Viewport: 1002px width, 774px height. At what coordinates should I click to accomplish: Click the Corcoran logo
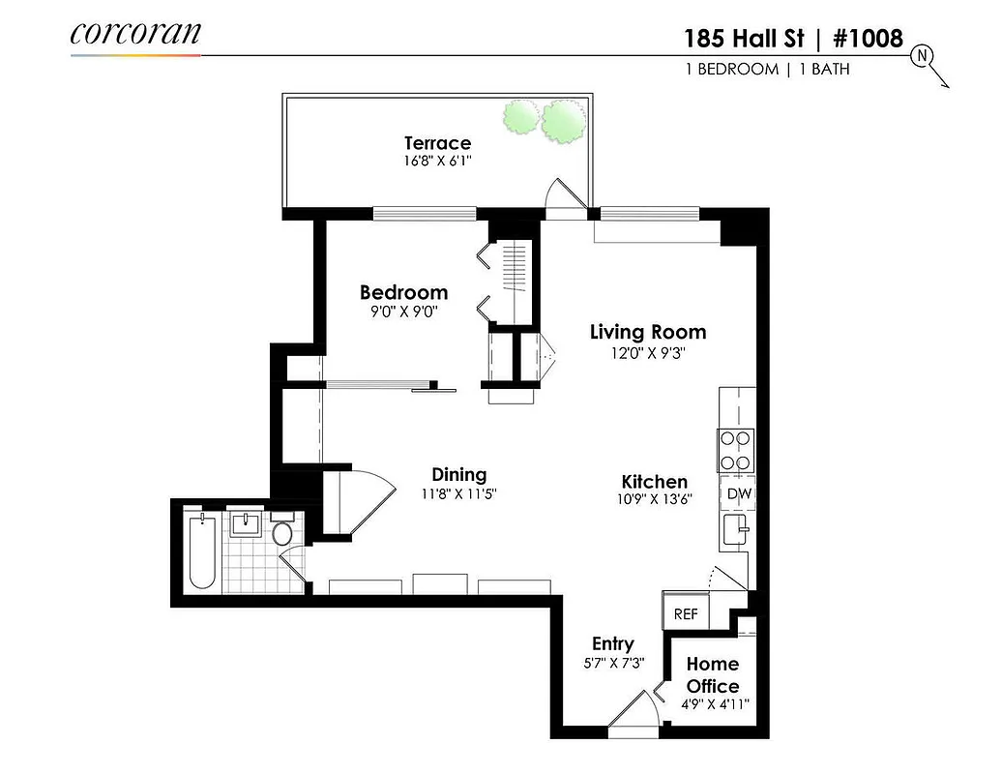pyautogui.click(x=135, y=34)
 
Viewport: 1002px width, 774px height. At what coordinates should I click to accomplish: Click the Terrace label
pyautogui.click(x=437, y=143)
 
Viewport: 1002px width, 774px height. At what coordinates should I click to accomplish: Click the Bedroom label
pyautogui.click(x=403, y=292)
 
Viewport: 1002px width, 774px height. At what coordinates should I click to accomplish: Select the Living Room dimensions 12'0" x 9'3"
pyautogui.click(x=648, y=353)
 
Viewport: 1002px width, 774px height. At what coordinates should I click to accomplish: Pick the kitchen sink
pyautogui.click(x=735, y=530)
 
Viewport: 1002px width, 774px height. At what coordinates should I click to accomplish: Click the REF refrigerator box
pyautogui.click(x=686, y=613)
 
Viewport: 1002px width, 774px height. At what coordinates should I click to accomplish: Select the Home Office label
pyautogui.click(x=713, y=675)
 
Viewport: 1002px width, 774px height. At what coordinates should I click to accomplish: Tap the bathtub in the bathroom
pyautogui.click(x=202, y=551)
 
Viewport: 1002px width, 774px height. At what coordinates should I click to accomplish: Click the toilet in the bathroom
pyautogui.click(x=282, y=532)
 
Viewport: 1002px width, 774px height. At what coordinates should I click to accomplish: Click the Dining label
pyautogui.click(x=458, y=475)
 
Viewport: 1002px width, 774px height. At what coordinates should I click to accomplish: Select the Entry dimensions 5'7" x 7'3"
pyautogui.click(x=612, y=664)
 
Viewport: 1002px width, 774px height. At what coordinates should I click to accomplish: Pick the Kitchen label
pyautogui.click(x=654, y=482)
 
